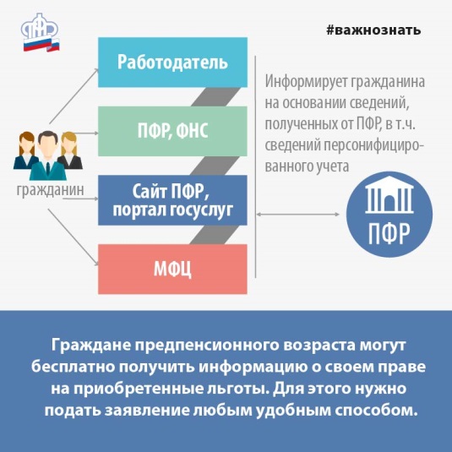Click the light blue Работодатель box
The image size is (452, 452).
[x=172, y=63]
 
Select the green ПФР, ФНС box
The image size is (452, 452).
[x=172, y=131]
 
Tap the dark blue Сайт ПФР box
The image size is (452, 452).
[x=172, y=200]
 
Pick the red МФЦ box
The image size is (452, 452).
[x=172, y=269]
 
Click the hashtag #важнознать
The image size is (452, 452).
[x=373, y=30]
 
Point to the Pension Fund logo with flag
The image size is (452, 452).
[x=41, y=33]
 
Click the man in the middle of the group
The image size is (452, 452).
[x=48, y=155]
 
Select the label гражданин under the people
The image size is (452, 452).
[x=51, y=190]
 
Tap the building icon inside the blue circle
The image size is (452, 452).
[x=389, y=194]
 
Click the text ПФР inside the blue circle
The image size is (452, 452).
[x=389, y=233]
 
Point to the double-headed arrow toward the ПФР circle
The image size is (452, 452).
[x=297, y=215]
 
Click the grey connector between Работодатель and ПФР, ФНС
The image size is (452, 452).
[x=215, y=97]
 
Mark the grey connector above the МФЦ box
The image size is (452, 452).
[x=215, y=235]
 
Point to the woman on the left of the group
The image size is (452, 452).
[x=26, y=150]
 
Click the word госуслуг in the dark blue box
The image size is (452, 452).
[x=201, y=210]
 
